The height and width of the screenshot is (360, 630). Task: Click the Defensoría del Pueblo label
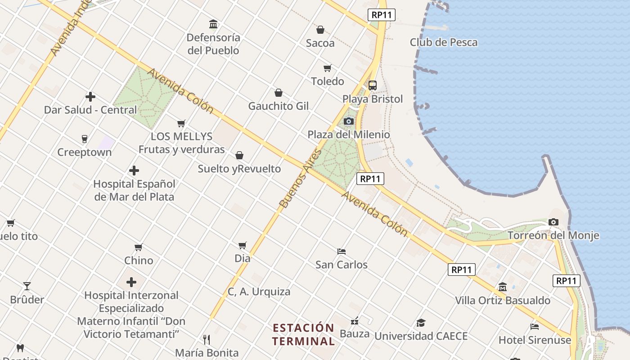pyautogui.click(x=213, y=44)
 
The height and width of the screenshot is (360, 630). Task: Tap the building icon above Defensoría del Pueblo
pyautogui.click(x=213, y=24)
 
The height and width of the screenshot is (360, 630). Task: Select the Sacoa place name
pyautogui.click(x=320, y=43)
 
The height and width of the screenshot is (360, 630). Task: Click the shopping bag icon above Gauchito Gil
pyautogui.click(x=279, y=93)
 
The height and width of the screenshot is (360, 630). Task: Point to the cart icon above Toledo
pyautogui.click(x=328, y=68)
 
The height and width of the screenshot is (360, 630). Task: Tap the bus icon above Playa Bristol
pyautogui.click(x=373, y=85)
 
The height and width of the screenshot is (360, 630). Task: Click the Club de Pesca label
pyautogui.click(x=443, y=42)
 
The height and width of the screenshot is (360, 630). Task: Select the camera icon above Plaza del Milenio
pyautogui.click(x=349, y=121)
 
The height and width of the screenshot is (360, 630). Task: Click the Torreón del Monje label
pyautogui.click(x=553, y=235)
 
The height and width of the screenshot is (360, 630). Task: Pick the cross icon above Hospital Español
pyautogui.click(x=134, y=171)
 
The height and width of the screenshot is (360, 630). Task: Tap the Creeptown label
pyautogui.click(x=84, y=153)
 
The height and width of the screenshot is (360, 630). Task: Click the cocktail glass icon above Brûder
pyautogui.click(x=27, y=286)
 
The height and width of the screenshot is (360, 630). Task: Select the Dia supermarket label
pyautogui.click(x=243, y=259)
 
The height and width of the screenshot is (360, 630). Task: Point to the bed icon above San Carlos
pyautogui.click(x=342, y=251)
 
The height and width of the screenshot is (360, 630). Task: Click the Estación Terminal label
pyautogui.click(x=303, y=334)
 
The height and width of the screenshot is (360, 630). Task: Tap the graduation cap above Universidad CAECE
pyautogui.click(x=421, y=323)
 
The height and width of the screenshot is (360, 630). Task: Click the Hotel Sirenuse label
pyautogui.click(x=535, y=340)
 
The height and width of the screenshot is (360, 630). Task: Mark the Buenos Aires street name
pyautogui.click(x=301, y=179)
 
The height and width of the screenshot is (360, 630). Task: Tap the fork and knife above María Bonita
pyautogui.click(x=207, y=339)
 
